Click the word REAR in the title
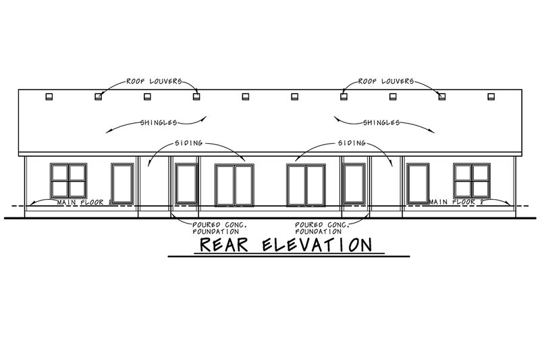(x=224, y=245)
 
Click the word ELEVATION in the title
(x=317, y=245)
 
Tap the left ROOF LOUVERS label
(x=154, y=81)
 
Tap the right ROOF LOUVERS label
(x=386, y=81)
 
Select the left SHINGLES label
(x=159, y=122)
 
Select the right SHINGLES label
(x=381, y=122)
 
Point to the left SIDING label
(x=189, y=143)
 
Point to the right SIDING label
(x=352, y=143)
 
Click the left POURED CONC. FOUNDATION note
(x=220, y=228)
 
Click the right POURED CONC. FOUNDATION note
(x=322, y=228)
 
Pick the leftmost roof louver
(x=49, y=97)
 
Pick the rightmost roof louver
(x=491, y=97)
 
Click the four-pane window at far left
(x=69, y=181)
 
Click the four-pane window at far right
(x=472, y=181)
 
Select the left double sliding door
(x=234, y=185)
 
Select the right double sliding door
(x=306, y=185)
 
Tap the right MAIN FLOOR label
(x=456, y=202)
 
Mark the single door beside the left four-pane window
(x=122, y=183)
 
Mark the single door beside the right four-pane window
(x=418, y=183)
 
